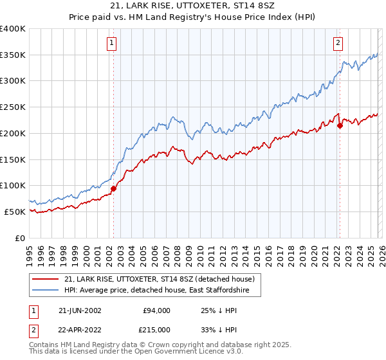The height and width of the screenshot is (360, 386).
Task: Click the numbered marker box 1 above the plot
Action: pos(112,43)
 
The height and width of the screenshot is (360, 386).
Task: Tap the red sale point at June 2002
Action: pos(114,189)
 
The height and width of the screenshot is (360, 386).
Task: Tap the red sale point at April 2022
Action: pos(340,125)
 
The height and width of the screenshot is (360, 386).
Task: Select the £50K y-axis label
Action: pos(15,212)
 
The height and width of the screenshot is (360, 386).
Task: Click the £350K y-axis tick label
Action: pos(14,55)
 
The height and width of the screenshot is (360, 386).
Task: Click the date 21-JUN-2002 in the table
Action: pos(79,310)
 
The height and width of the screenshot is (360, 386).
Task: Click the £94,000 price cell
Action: pos(156,310)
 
